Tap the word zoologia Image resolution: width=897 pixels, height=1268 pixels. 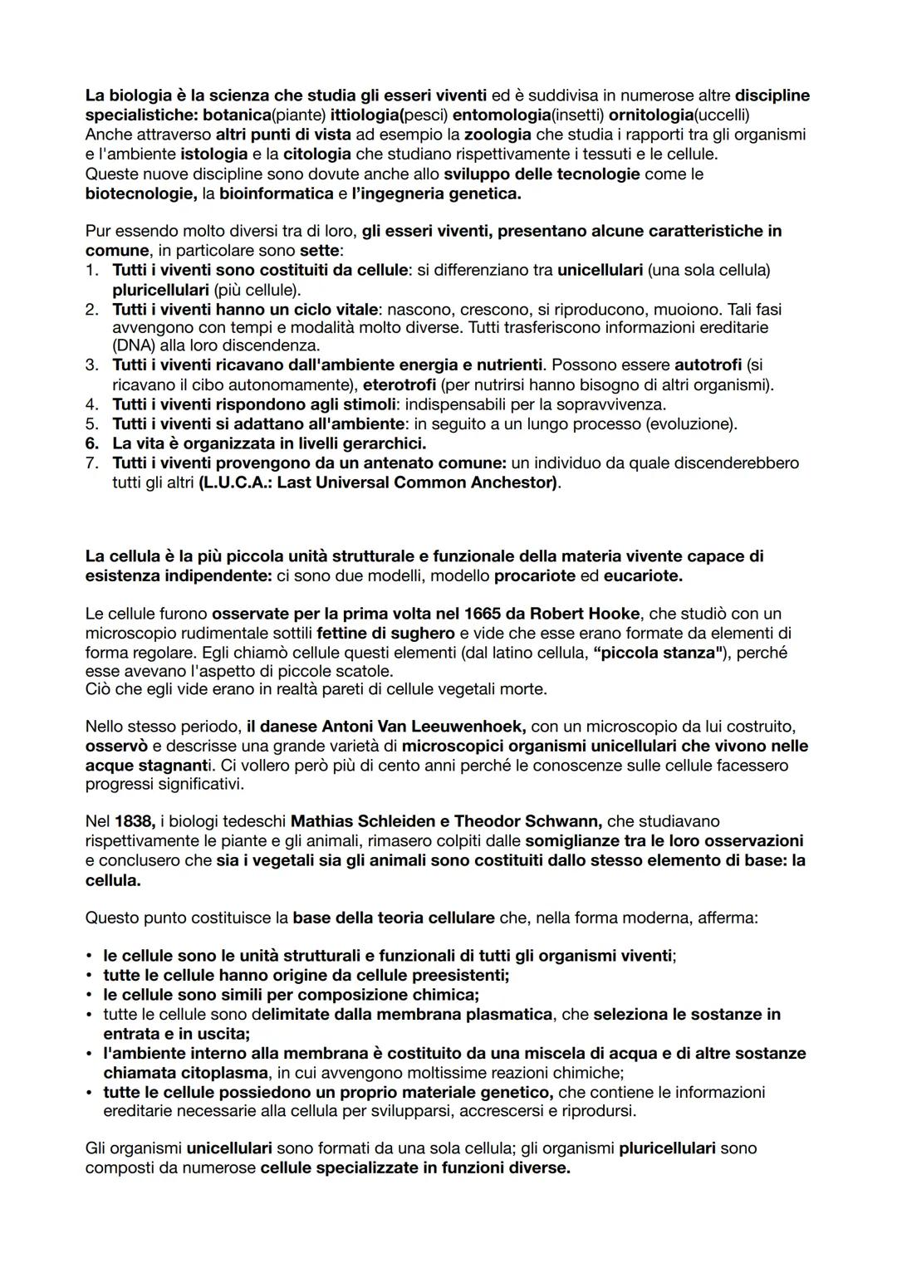click(x=497, y=135)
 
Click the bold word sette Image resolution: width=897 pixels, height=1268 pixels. click(x=319, y=250)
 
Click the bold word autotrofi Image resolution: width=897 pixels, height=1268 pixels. click(x=708, y=365)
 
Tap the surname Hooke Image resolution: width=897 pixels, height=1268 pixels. click(x=614, y=614)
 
